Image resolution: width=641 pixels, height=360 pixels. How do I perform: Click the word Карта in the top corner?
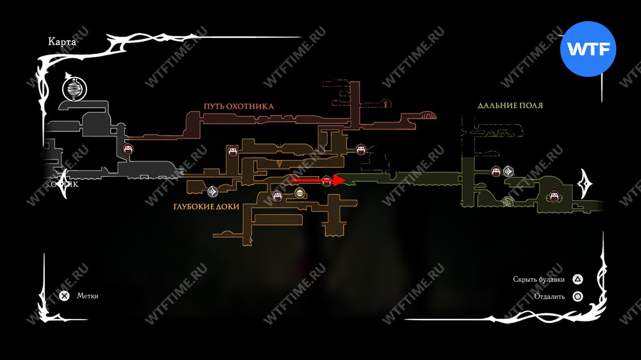click(x=62, y=42)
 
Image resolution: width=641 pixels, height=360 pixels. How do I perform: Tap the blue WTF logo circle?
click(x=588, y=48)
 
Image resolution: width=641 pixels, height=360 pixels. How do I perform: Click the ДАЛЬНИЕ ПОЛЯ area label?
click(x=506, y=105)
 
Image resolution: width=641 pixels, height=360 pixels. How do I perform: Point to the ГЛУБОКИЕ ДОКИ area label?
click(x=206, y=208)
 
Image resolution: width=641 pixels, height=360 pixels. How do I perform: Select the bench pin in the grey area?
click(x=128, y=150)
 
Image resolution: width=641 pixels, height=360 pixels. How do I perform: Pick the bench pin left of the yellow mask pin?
click(x=278, y=196)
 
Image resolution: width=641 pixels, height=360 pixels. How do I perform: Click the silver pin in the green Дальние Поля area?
click(x=508, y=171)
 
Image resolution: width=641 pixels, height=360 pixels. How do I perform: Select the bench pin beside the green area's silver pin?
click(x=495, y=171)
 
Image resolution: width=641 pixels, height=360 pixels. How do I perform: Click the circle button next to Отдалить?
click(x=578, y=297)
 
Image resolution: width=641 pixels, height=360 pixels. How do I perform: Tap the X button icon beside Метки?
click(x=64, y=296)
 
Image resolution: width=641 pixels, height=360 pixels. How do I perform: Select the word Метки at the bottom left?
click(x=88, y=296)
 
